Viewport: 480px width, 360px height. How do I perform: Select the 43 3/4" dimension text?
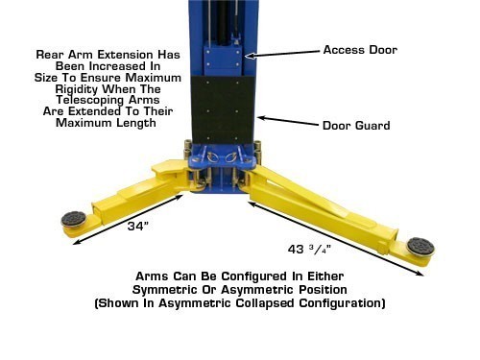(315, 249)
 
